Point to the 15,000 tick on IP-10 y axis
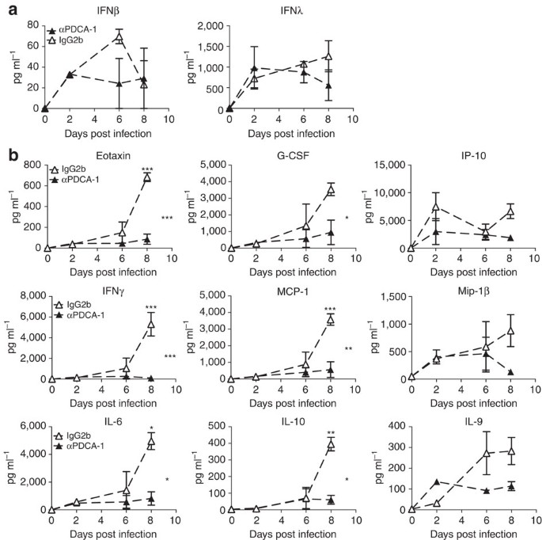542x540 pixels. click(x=385, y=165)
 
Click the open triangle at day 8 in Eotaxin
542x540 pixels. click(x=147, y=178)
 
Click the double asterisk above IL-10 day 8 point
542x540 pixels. click(x=329, y=432)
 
